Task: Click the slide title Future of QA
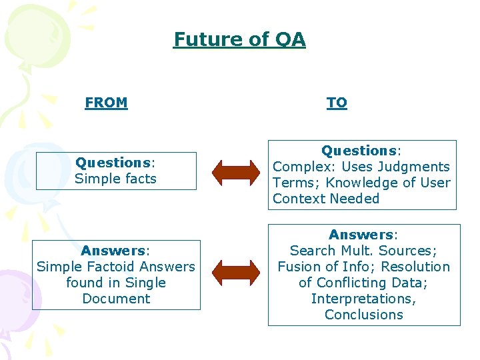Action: tap(239, 39)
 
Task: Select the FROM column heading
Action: tap(106, 103)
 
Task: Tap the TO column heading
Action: tap(337, 103)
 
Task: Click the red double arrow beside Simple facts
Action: tap(236, 171)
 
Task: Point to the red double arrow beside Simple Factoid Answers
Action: tap(236, 271)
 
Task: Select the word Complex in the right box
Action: tap(298, 167)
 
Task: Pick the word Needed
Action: tap(352, 199)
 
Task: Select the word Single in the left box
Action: tap(143, 283)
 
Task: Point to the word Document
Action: tap(116, 299)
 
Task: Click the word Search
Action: tap(313, 251)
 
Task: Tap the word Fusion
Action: tap(299, 267)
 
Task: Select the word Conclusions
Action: tap(364, 315)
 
